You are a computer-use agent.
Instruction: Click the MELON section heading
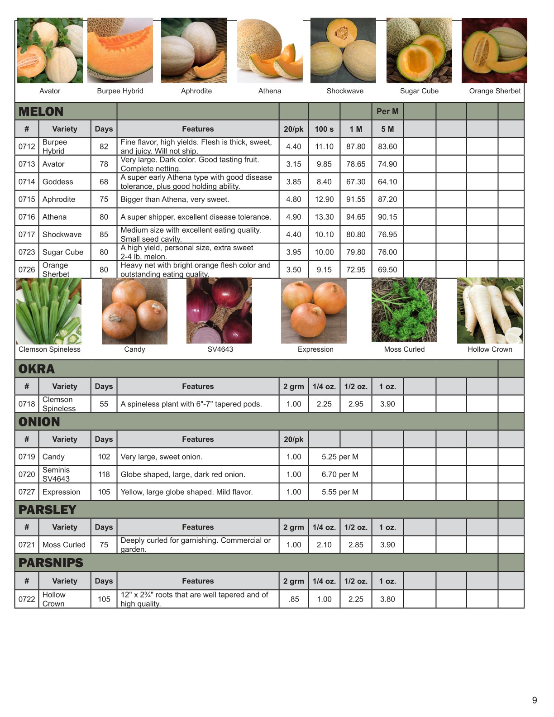[41, 111]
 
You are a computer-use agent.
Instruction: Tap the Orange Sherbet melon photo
[494, 51]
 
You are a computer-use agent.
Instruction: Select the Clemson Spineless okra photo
[49, 311]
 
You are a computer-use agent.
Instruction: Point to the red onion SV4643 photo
[219, 311]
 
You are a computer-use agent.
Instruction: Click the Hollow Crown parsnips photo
[490, 311]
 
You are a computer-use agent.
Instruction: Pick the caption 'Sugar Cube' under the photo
[419, 91]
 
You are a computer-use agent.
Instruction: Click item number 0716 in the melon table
[27, 217]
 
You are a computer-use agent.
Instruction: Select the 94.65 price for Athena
[356, 217]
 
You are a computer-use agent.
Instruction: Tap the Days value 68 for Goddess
[104, 182]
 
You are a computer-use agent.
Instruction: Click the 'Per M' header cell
[387, 111]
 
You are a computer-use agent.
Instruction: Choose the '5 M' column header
[387, 129]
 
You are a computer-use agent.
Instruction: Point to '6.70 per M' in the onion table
[340, 474]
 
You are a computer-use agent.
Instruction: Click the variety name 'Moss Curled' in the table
[64, 545]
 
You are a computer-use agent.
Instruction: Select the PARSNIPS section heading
[51, 563]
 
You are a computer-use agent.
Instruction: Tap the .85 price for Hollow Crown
[294, 599]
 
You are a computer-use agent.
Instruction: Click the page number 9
[535, 700]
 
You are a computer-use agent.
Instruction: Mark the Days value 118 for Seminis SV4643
[104, 474]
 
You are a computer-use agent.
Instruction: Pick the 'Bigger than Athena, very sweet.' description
[175, 199]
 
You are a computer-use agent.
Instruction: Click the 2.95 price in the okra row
[356, 404]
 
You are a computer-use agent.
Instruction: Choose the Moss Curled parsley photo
[404, 311]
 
